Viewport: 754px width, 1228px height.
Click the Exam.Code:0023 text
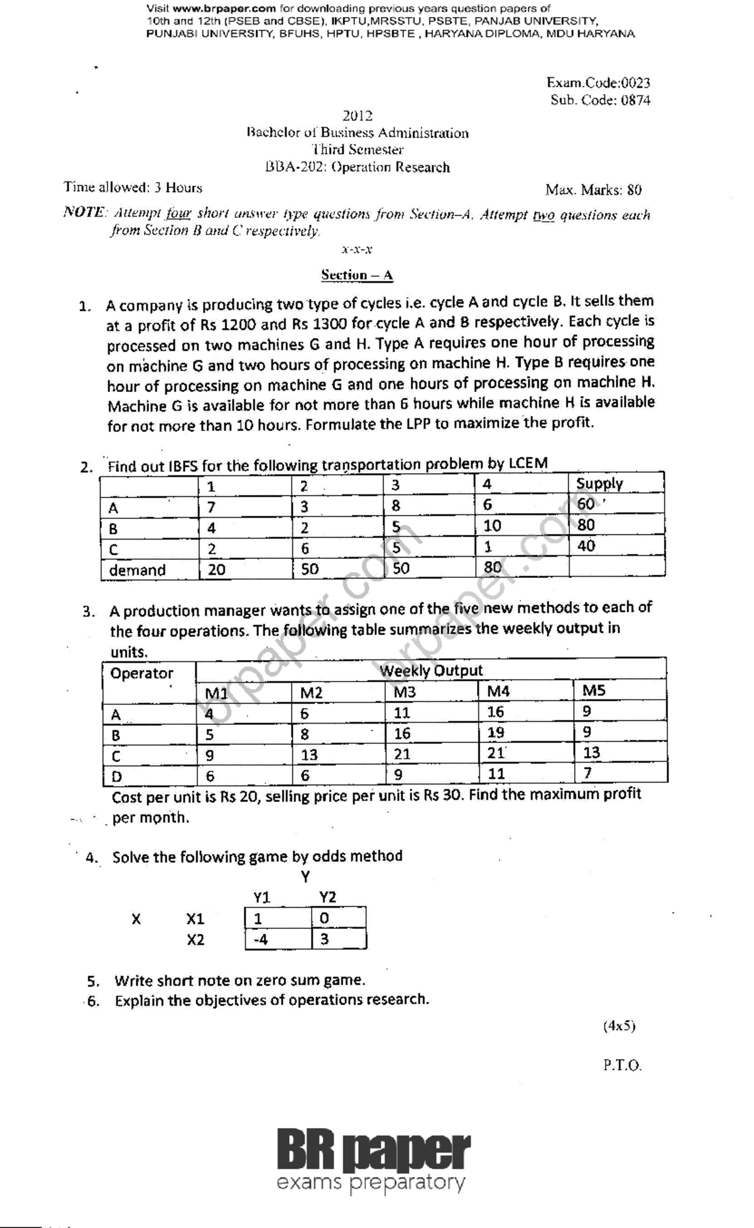coord(598,83)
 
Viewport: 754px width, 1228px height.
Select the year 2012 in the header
coord(357,116)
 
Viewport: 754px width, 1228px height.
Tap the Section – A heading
coord(357,274)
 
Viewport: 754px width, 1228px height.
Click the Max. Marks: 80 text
coord(593,190)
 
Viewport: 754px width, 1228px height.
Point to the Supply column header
coord(599,484)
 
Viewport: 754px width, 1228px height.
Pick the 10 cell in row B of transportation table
coord(492,526)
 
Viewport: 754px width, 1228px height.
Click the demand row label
coord(137,570)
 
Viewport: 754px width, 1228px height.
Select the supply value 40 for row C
coord(586,546)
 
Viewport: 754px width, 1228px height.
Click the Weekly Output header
coord(431,670)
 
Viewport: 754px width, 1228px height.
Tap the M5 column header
coord(593,691)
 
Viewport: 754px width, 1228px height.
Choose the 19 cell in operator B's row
coord(496,732)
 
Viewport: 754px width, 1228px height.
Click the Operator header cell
coord(141,673)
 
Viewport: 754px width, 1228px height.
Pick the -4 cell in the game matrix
coord(260,940)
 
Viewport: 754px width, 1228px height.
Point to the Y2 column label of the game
coord(327,897)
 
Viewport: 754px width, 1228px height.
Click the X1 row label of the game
coord(195,919)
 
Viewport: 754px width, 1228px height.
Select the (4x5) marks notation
coord(619,1026)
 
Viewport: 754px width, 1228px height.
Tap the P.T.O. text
coord(622,1066)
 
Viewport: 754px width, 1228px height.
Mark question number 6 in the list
coord(93,1001)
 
